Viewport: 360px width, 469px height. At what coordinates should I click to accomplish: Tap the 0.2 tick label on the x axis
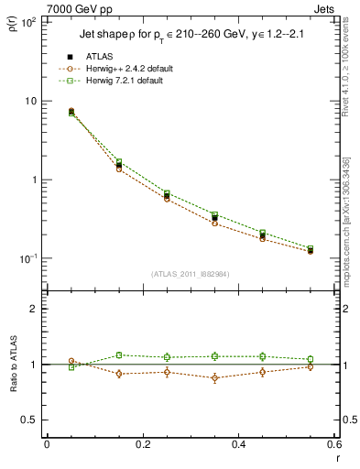(142, 446)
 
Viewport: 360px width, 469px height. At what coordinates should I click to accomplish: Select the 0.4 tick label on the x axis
(238, 446)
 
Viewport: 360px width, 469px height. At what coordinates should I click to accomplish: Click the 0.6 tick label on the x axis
(333, 446)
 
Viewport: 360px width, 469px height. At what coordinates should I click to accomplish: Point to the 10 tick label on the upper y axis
(29, 101)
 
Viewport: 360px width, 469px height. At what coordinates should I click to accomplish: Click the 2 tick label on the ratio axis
(33, 309)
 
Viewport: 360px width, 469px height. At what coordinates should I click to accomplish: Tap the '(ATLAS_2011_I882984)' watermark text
(190, 273)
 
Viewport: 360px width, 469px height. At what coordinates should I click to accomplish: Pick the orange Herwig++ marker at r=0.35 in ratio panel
(214, 377)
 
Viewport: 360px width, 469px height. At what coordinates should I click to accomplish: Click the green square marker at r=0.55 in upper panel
(311, 248)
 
